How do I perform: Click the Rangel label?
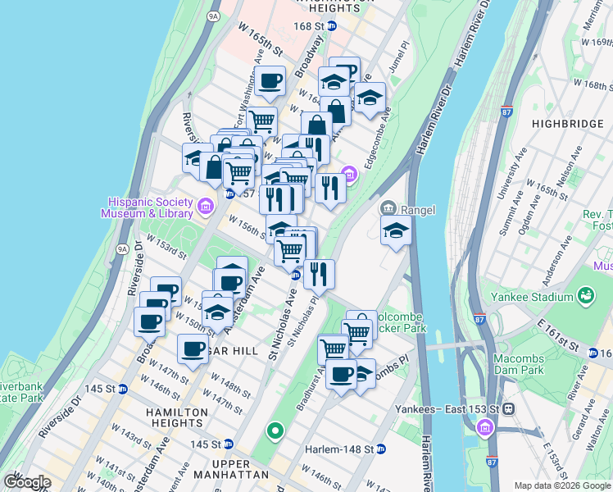pos(417,209)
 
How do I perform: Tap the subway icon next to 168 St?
pos(332,26)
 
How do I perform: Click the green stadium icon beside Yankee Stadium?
pos(585,295)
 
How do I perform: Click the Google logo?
pos(27,482)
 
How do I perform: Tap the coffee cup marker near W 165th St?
pos(270,80)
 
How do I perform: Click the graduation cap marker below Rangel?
pos(395,230)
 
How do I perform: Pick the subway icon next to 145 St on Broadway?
pos(123,389)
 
